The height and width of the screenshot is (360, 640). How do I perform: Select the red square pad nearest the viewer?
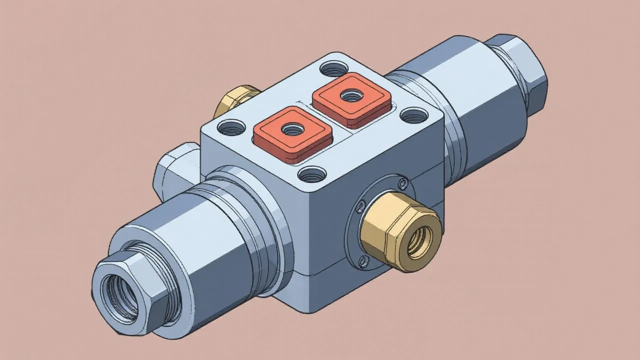pos(292,134)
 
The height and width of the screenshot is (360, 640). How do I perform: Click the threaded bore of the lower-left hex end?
pos(119,298)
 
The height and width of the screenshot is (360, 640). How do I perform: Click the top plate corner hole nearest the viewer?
pos(312,175)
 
